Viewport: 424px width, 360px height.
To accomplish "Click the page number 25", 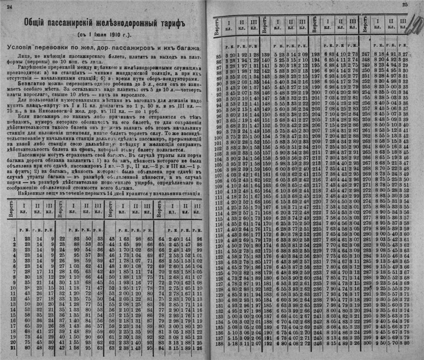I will (x=406, y=5).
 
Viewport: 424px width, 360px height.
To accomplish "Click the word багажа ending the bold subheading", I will (x=189, y=47).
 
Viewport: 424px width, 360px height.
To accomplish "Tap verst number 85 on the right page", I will (x=218, y=55).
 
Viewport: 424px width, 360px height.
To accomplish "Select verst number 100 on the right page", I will (x=218, y=137).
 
